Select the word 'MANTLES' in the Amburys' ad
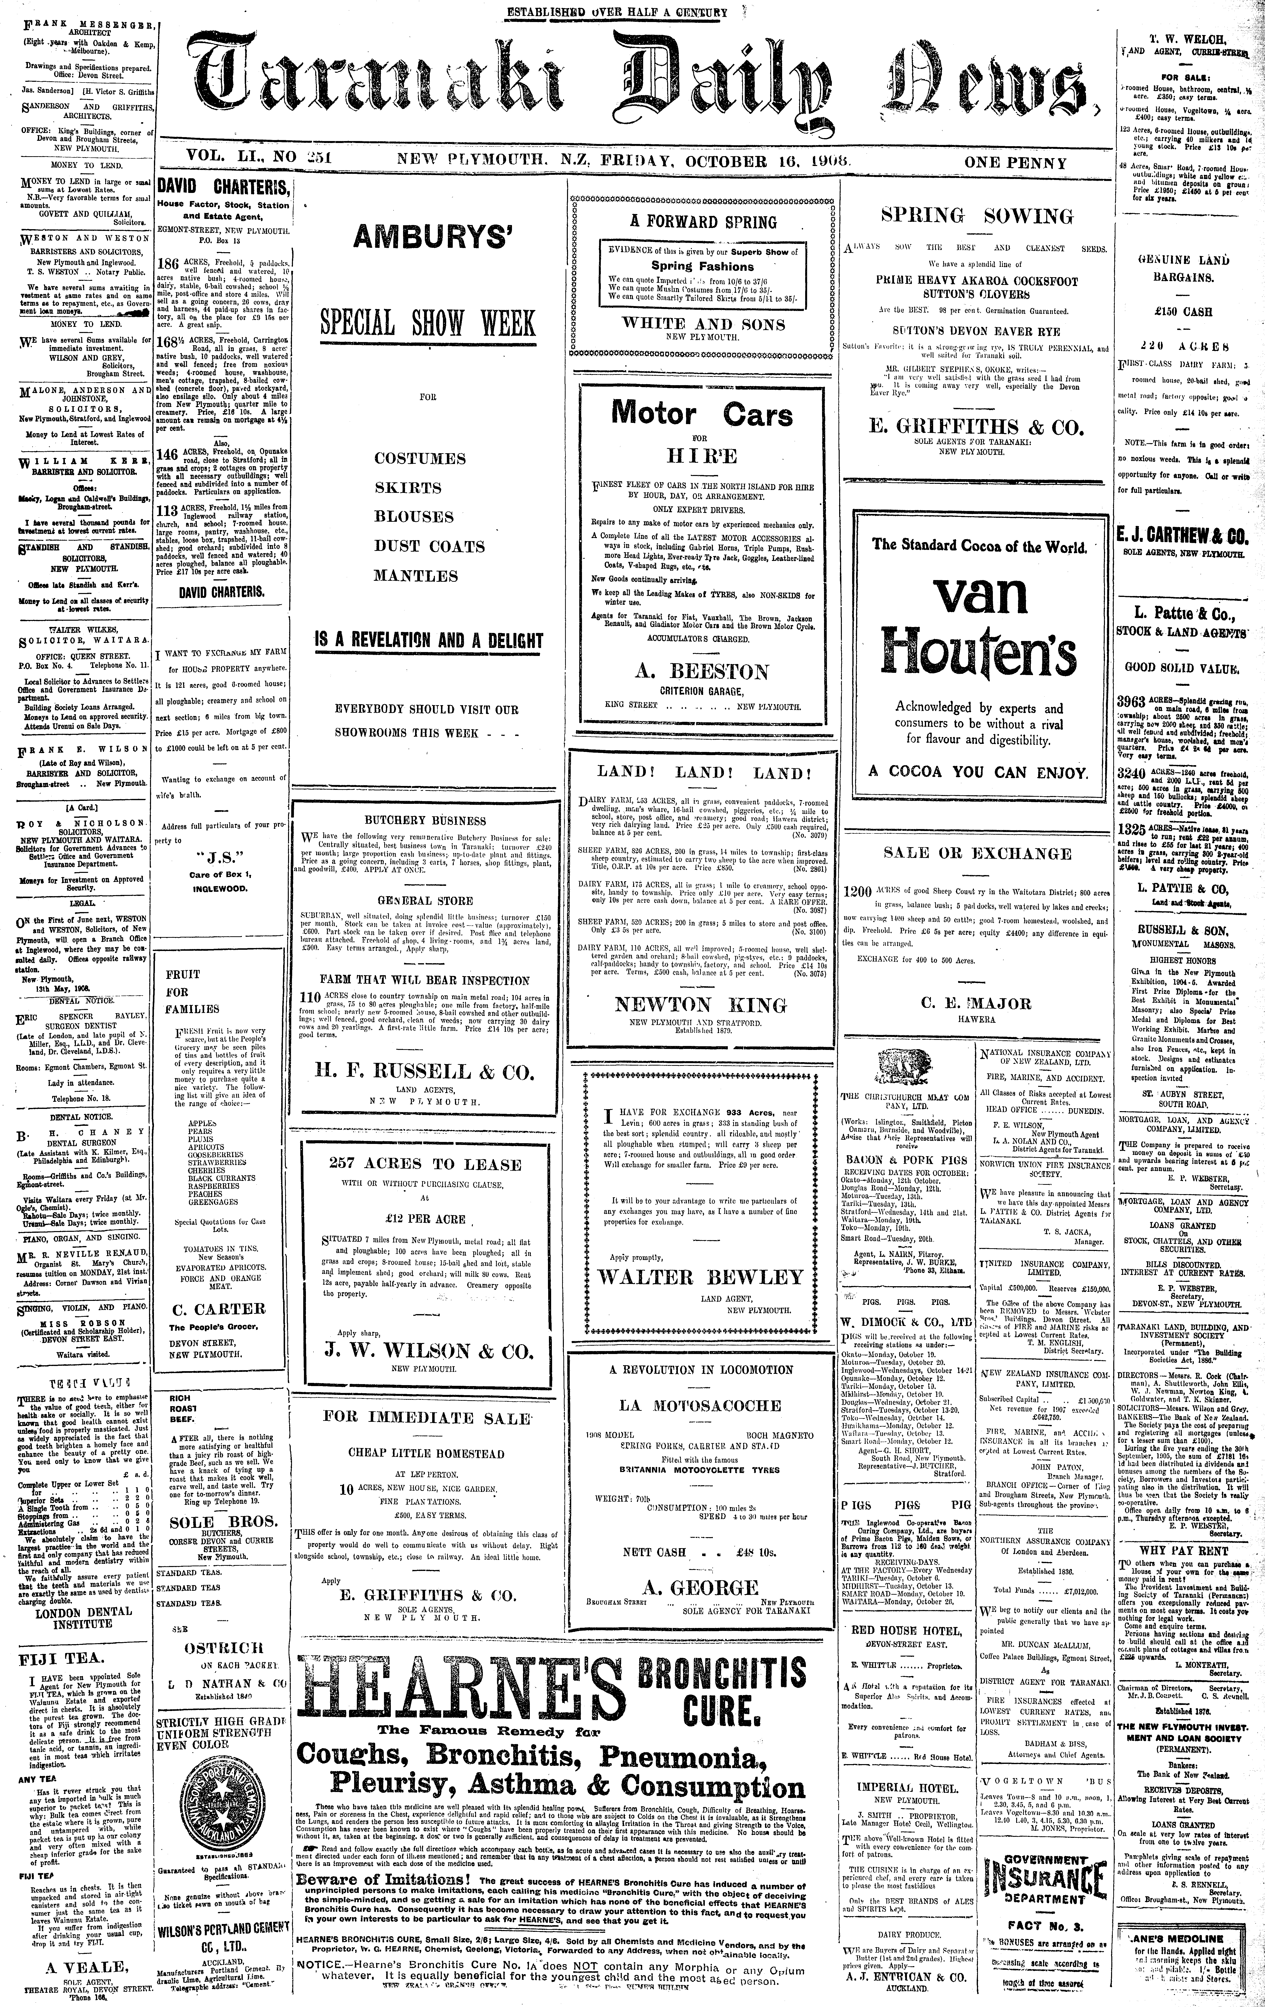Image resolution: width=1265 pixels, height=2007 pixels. point(415,576)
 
